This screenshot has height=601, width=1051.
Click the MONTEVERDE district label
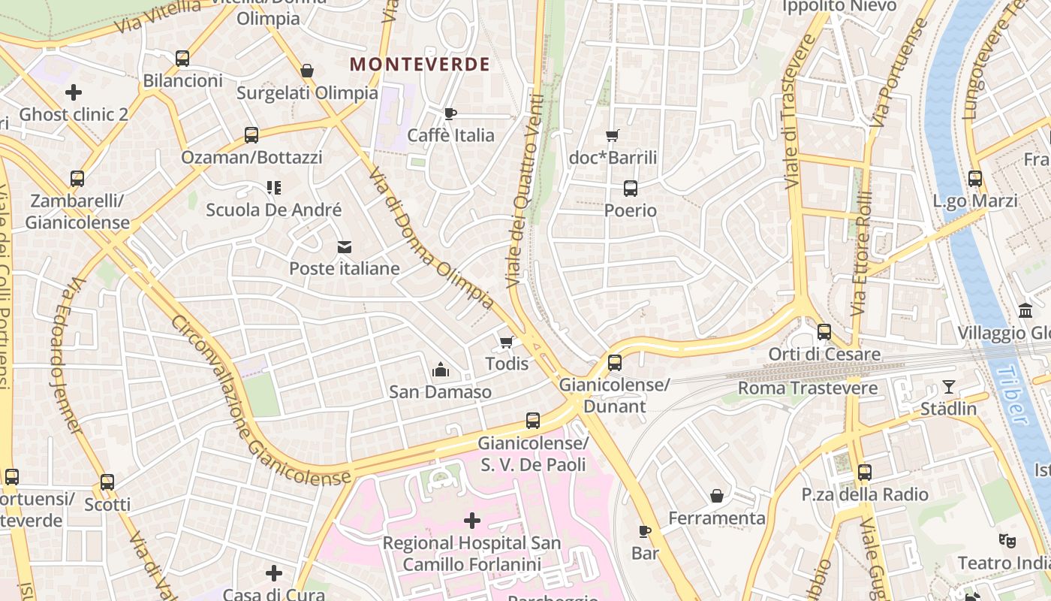point(420,65)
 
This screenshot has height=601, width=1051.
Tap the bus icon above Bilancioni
point(182,58)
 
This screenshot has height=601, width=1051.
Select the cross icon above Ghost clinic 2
point(74,92)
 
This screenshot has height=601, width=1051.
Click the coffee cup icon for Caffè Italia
point(450,113)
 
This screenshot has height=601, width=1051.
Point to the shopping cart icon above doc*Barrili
point(613,136)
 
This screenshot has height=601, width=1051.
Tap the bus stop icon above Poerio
point(631,189)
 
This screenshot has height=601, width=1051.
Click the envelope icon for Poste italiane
point(345,247)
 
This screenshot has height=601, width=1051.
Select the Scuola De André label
point(274,210)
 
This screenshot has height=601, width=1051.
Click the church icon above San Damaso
point(440,370)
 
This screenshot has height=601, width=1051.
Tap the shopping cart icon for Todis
point(507,343)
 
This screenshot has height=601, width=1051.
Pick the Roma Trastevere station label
point(808,388)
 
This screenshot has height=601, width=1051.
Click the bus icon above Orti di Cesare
point(824,331)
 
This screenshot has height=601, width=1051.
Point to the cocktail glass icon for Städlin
point(949,387)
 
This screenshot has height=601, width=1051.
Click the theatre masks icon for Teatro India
point(1006,540)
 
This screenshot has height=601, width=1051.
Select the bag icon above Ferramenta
point(717,496)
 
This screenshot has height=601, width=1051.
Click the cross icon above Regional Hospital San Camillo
point(472,520)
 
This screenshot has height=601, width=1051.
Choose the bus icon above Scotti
point(107,482)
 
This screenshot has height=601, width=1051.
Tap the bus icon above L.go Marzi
point(974,179)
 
